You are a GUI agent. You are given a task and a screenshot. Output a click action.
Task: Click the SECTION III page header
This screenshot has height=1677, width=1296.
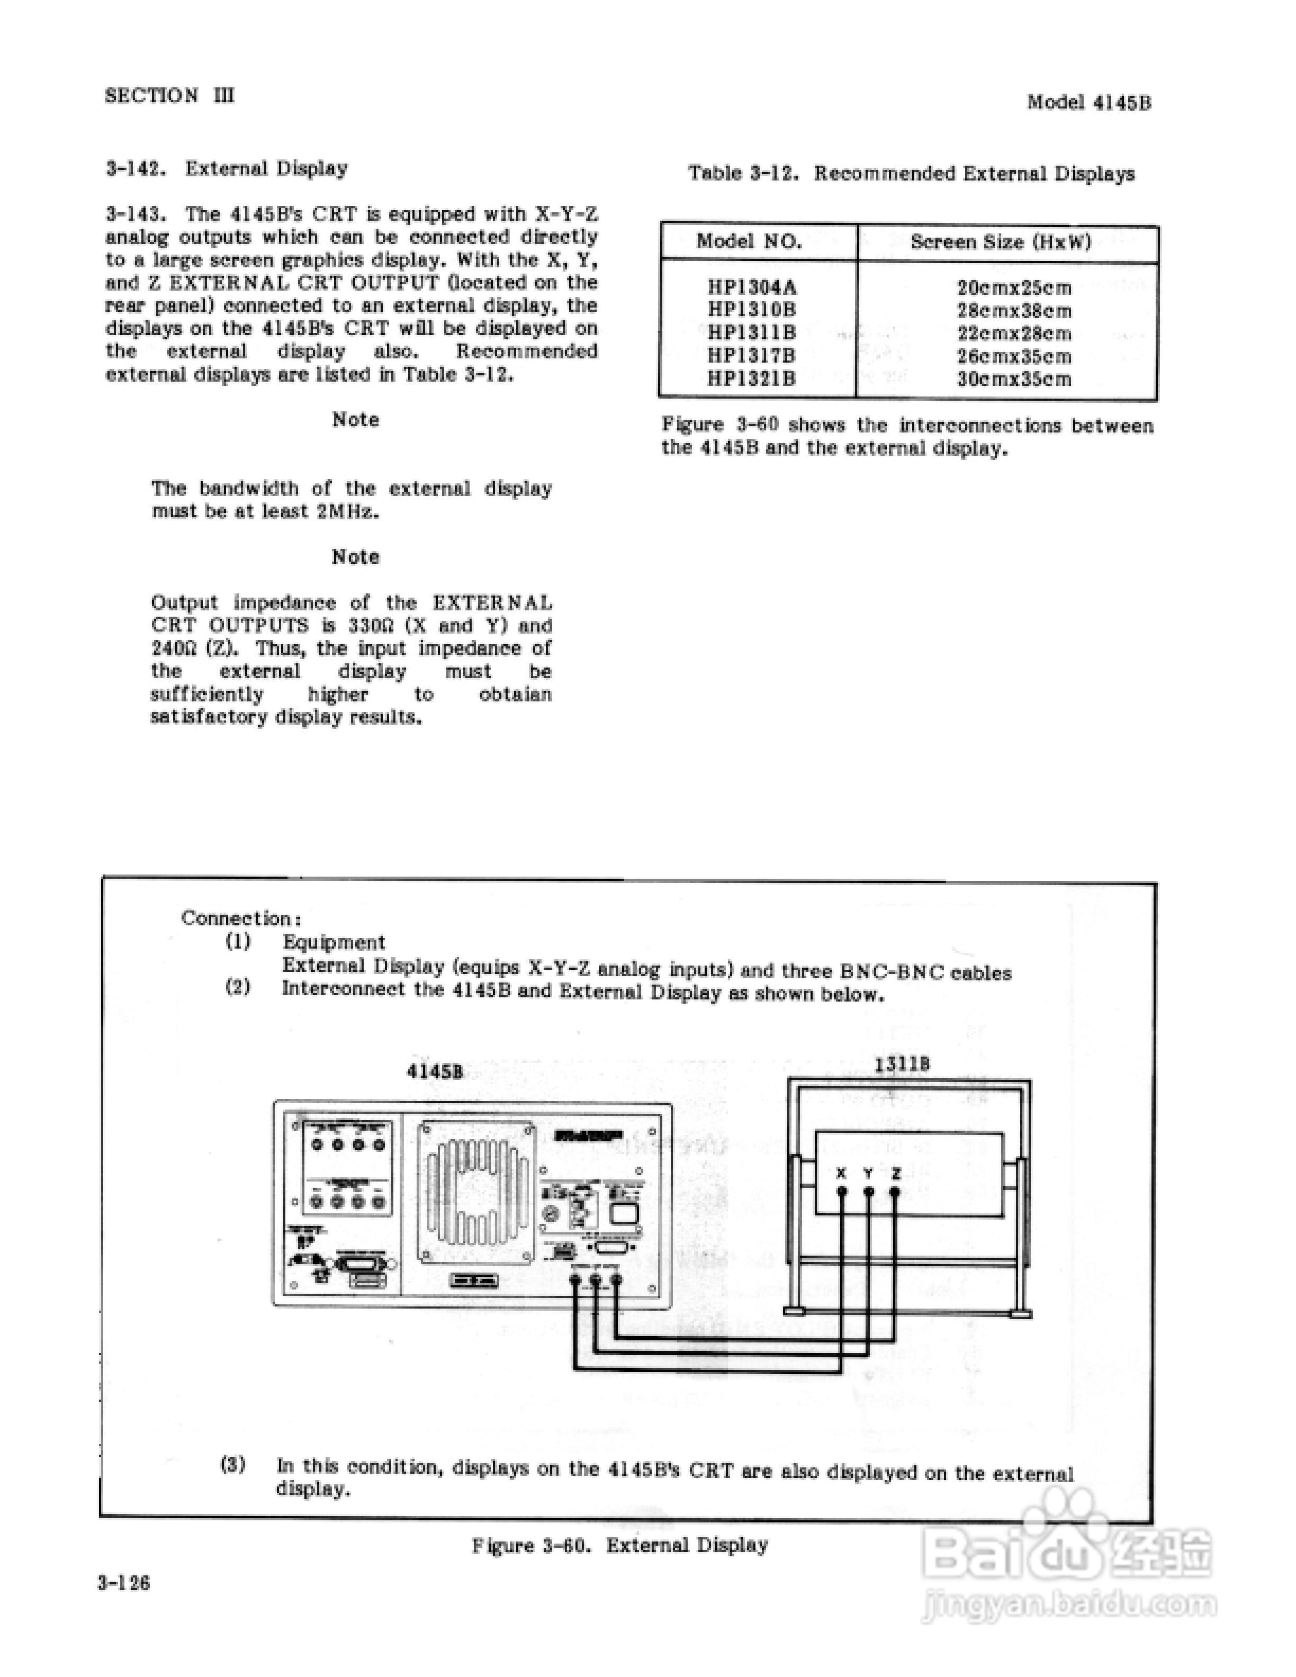(170, 96)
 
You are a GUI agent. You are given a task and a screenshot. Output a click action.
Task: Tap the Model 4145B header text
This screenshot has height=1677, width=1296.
(1088, 102)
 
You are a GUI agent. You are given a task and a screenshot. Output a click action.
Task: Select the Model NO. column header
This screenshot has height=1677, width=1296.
(749, 242)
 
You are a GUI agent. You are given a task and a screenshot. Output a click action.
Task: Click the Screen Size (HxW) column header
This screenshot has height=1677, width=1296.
(1001, 242)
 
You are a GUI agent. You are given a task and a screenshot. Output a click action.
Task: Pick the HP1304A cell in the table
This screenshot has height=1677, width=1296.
(752, 288)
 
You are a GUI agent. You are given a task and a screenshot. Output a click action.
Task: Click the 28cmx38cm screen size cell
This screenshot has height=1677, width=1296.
(1013, 311)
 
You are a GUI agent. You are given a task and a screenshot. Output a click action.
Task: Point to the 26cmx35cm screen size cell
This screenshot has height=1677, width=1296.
(1013, 356)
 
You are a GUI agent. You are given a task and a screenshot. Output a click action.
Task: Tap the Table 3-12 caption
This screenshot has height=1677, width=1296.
(911, 174)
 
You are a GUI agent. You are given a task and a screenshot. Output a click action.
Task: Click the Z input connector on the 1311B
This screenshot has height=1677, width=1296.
(895, 1192)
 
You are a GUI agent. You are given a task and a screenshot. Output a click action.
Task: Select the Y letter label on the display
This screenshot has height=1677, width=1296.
(868, 1173)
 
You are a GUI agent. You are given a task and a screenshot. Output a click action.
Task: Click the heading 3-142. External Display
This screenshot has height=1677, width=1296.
(227, 168)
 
